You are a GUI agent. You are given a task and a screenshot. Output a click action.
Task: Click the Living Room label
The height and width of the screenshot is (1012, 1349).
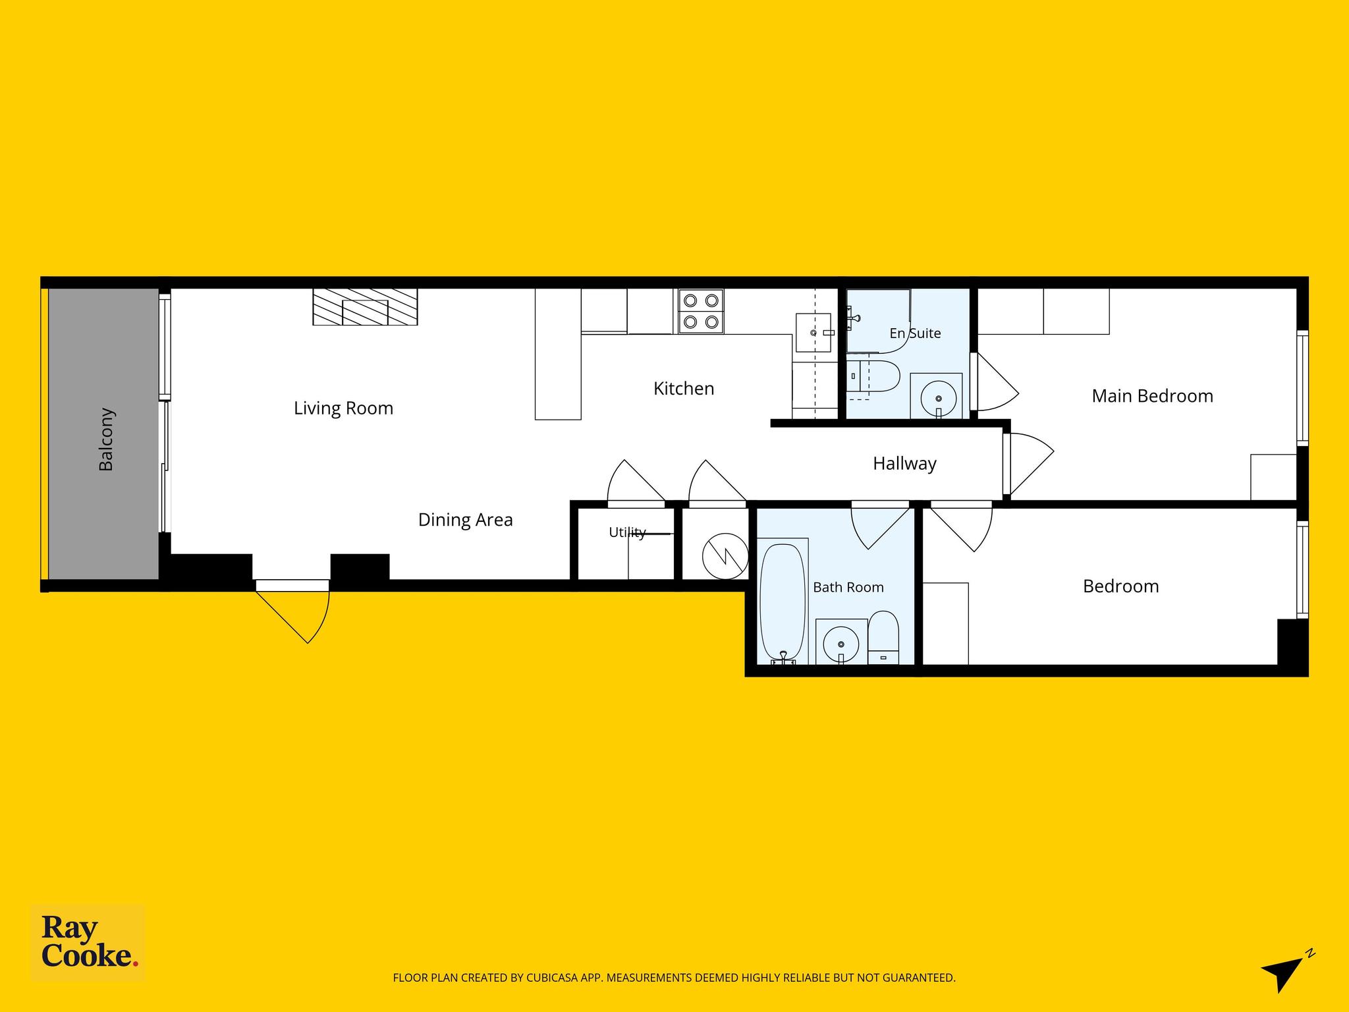[x=343, y=408]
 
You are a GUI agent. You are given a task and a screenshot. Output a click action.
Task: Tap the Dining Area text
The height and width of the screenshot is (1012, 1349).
[x=465, y=520]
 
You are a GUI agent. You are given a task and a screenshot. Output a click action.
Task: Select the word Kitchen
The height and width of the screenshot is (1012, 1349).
[x=684, y=389]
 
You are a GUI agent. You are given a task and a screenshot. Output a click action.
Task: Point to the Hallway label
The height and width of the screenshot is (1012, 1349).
[x=904, y=464]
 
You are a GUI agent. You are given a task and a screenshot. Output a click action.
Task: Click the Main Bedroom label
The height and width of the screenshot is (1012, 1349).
[x=1152, y=396]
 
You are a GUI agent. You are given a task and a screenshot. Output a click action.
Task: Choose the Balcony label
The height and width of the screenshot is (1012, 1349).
[x=106, y=439]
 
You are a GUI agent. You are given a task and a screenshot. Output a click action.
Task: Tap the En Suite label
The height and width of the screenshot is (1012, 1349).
[x=915, y=333]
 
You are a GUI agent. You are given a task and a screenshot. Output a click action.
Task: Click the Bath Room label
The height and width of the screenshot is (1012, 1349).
[x=848, y=587]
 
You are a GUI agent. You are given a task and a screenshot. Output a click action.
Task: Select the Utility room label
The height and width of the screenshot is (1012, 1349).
[x=627, y=532]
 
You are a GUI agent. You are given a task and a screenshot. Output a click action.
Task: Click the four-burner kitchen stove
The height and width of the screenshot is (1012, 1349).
[x=701, y=311]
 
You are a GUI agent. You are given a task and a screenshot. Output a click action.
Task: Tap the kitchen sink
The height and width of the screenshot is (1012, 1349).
[x=814, y=333]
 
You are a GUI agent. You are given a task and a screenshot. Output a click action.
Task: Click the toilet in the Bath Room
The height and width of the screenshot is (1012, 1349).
[x=883, y=638]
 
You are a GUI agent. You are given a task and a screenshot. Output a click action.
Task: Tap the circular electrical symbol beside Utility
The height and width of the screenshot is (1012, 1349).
[x=725, y=556]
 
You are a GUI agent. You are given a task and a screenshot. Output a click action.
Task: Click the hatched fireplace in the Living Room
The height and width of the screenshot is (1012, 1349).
[x=365, y=307]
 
